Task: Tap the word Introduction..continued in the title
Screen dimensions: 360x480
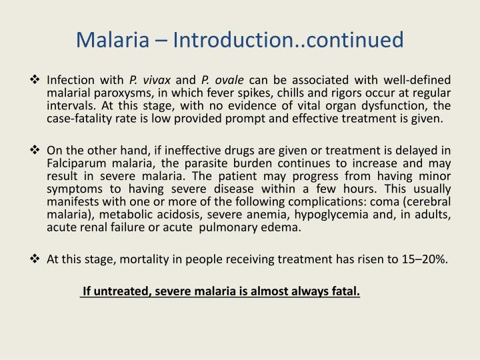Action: [289, 41]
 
